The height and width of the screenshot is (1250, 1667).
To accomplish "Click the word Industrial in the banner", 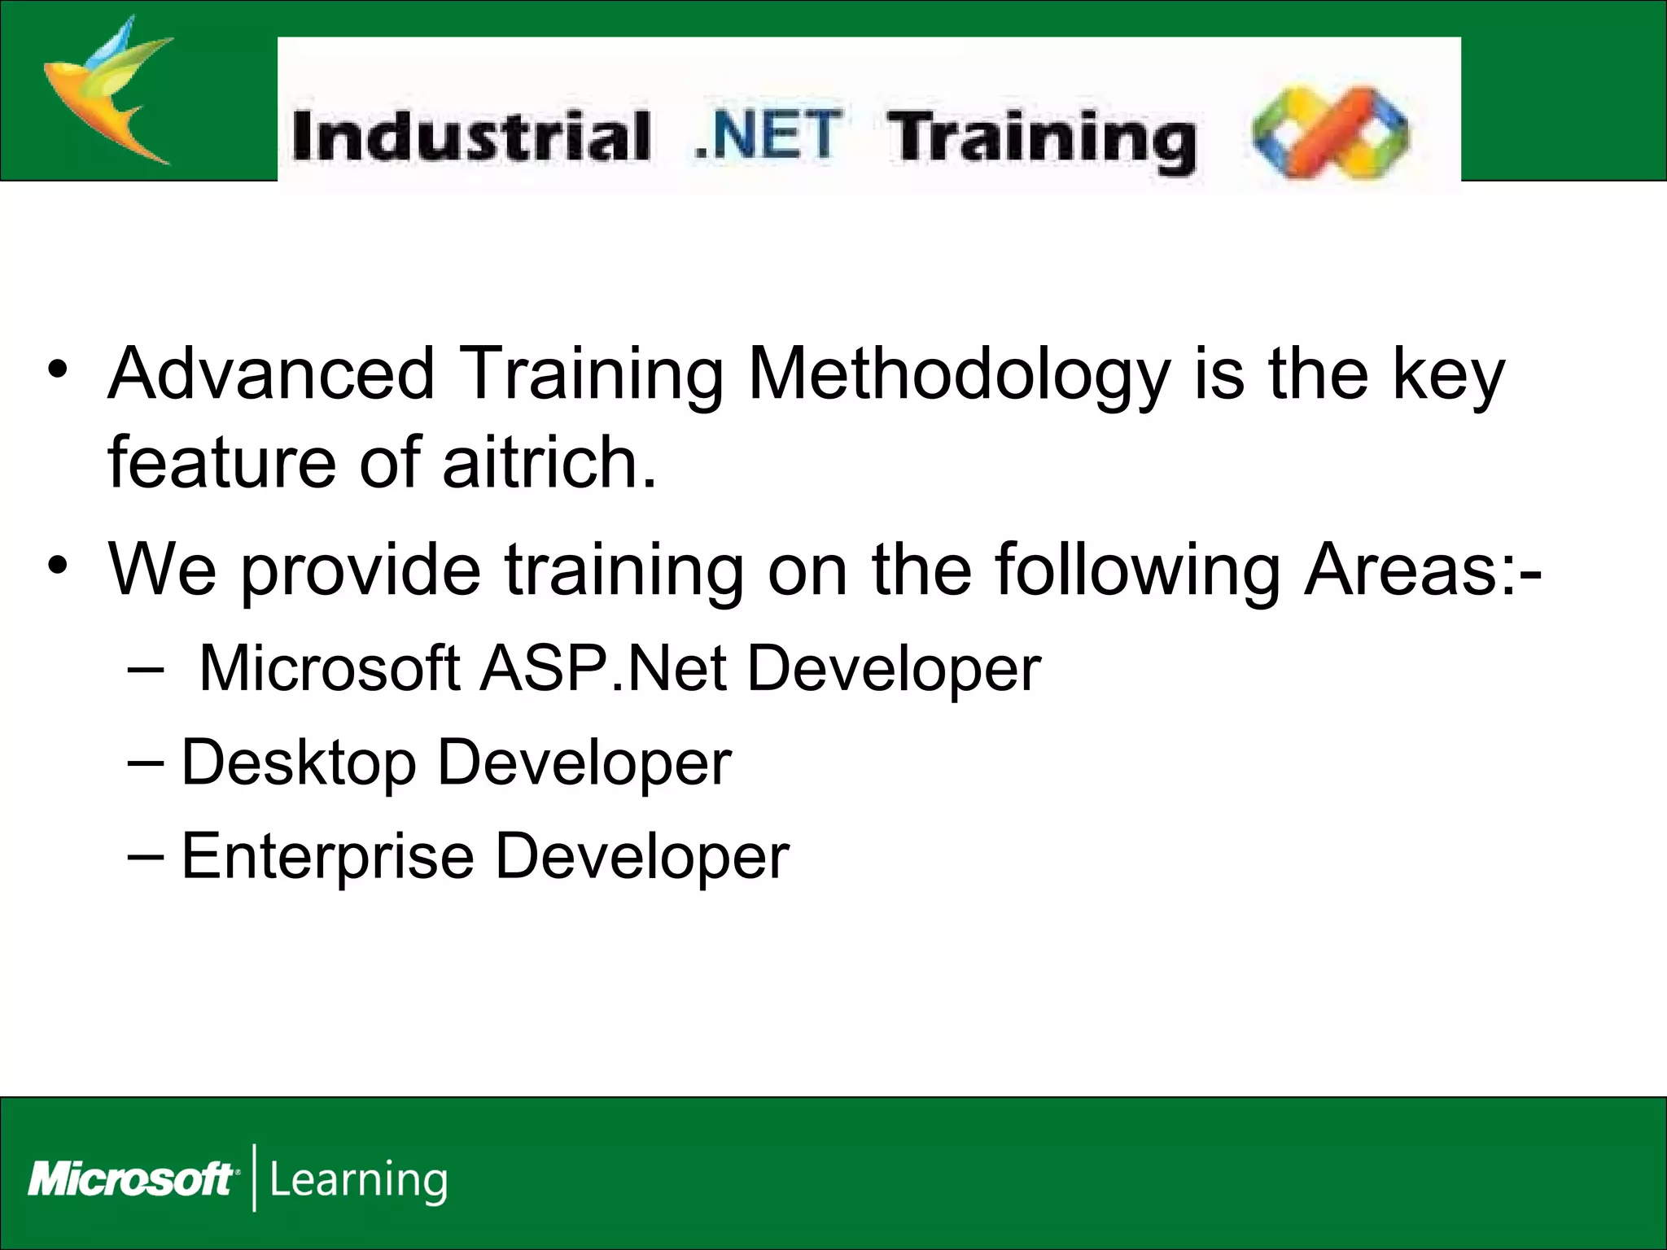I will (x=470, y=137).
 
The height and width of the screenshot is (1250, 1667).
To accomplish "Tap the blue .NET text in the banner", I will (x=768, y=135).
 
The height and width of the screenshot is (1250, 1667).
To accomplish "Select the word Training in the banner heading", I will (x=1041, y=140).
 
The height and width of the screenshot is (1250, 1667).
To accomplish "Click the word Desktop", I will (x=298, y=764).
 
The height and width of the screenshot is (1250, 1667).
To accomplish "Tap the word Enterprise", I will (x=327, y=858).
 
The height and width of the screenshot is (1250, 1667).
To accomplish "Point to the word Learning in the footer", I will (x=358, y=1181).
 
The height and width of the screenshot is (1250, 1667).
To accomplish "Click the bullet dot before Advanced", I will (x=56, y=371).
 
